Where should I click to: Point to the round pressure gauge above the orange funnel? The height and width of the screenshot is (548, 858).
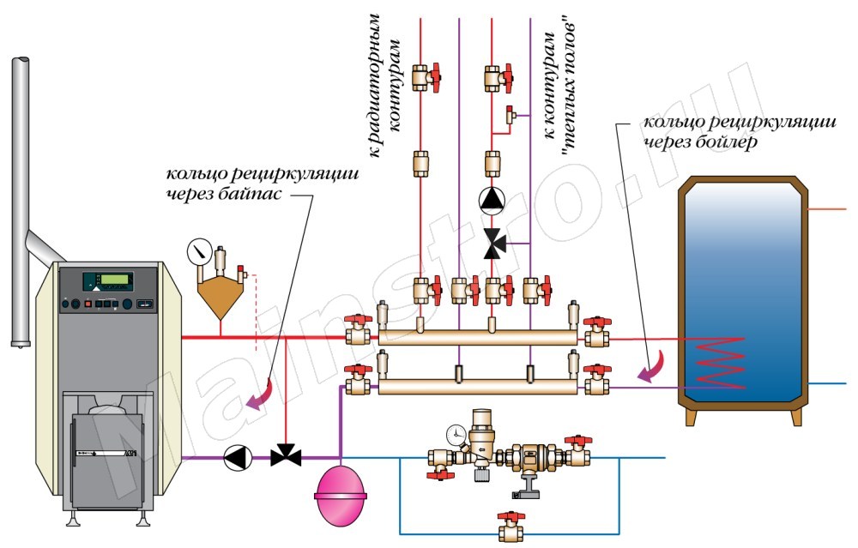pyautogui.click(x=197, y=252)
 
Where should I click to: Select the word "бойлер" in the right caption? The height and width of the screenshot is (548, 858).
pyautogui.click(x=727, y=142)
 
